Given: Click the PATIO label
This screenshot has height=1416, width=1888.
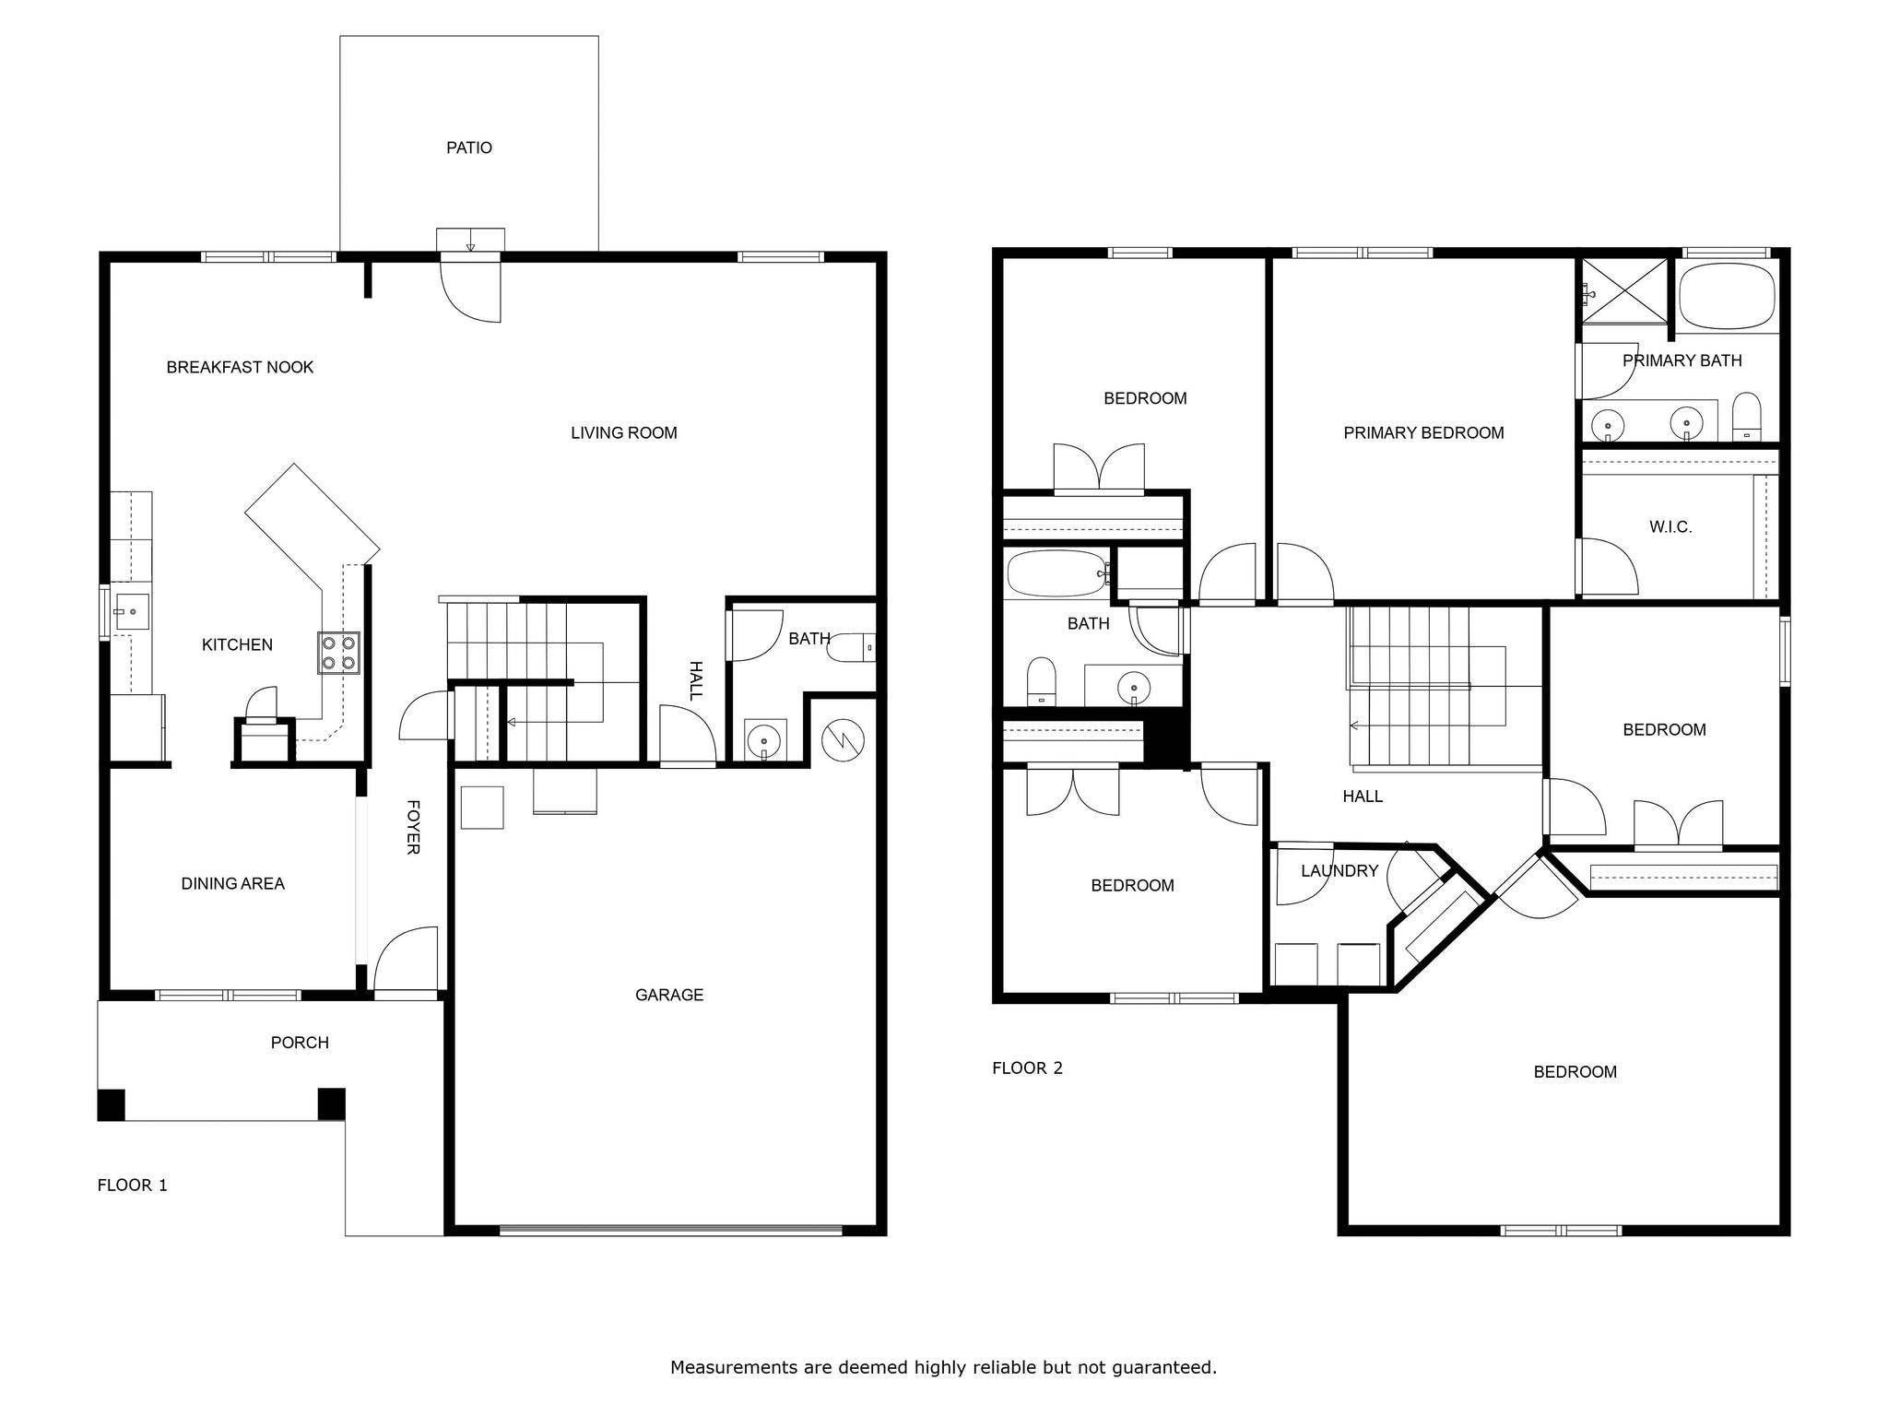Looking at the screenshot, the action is (469, 147).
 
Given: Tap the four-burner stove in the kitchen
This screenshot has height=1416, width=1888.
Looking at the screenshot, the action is (338, 653).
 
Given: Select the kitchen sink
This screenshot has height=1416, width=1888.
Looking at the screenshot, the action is (131, 611).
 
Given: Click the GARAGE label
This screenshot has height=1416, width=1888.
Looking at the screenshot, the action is (669, 995).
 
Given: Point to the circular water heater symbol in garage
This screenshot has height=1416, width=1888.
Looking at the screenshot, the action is (843, 740).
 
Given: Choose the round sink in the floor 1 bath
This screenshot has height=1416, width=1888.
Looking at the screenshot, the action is (764, 740).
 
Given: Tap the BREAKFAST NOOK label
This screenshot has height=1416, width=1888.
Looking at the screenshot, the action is (240, 367).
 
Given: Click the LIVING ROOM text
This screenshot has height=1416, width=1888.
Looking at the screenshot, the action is (624, 432).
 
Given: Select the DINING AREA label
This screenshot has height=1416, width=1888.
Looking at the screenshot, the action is (233, 883).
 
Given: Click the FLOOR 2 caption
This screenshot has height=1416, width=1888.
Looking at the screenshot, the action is (1027, 1068).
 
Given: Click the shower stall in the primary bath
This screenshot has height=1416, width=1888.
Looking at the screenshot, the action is (1625, 290).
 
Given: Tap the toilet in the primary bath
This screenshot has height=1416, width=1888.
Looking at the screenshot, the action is (1746, 418).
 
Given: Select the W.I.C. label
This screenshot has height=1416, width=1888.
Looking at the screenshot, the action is (1670, 527).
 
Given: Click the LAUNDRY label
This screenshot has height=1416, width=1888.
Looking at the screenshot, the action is (1339, 870).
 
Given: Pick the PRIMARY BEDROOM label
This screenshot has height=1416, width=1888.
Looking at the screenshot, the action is (1423, 432).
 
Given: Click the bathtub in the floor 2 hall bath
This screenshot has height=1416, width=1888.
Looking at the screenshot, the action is (1057, 573).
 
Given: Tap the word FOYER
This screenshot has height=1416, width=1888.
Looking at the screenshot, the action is (414, 827).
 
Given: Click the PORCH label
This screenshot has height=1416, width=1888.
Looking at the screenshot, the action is (300, 1043).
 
